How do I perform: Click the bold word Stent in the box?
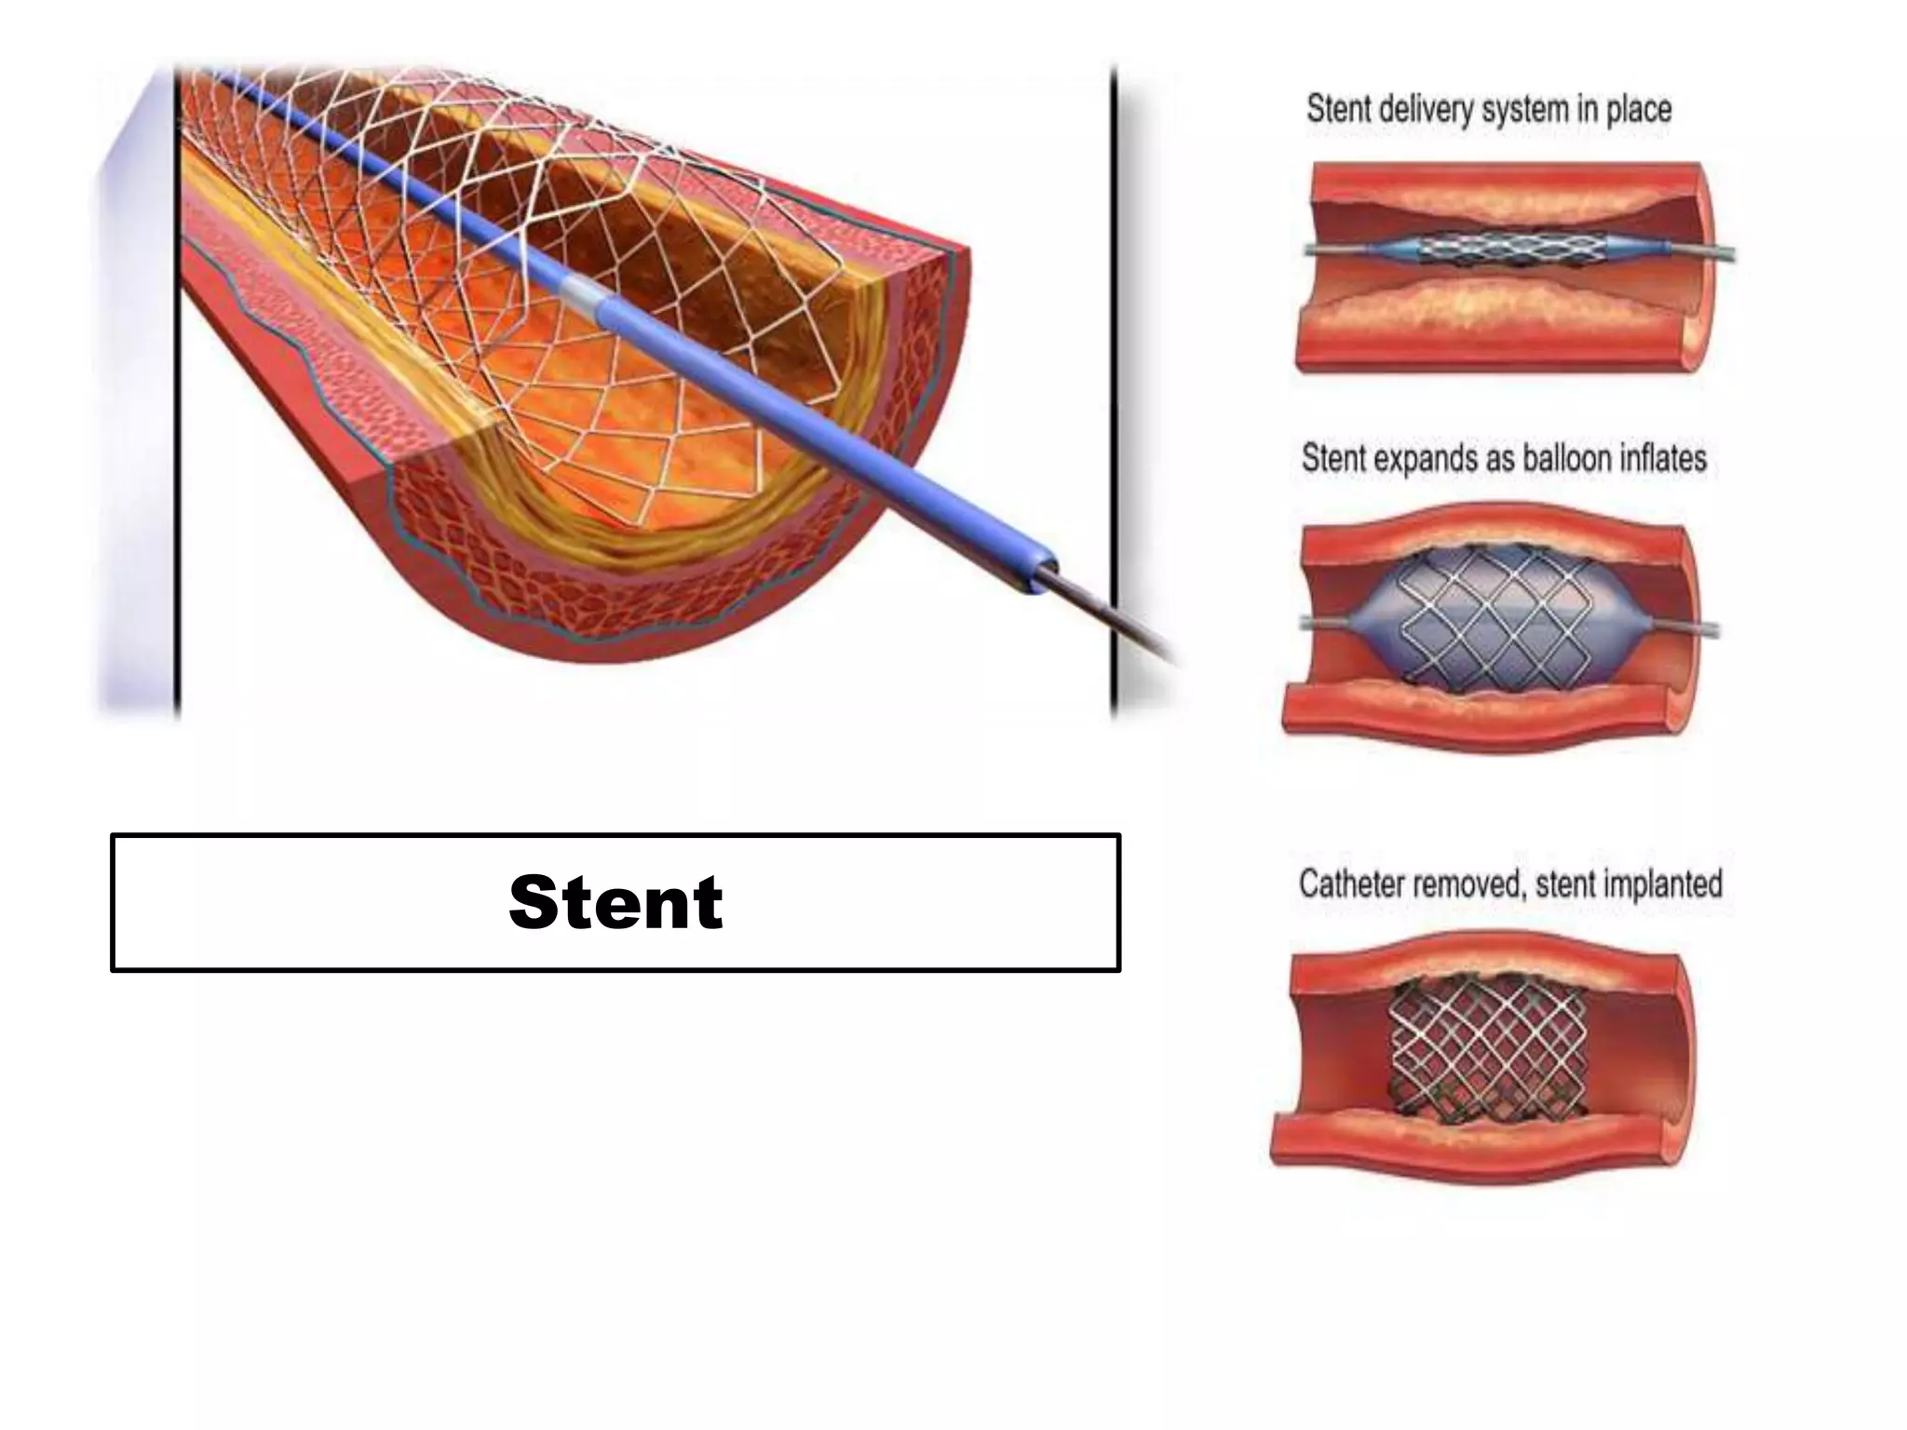(x=615, y=902)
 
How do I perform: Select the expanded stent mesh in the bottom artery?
(x=1487, y=1054)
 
